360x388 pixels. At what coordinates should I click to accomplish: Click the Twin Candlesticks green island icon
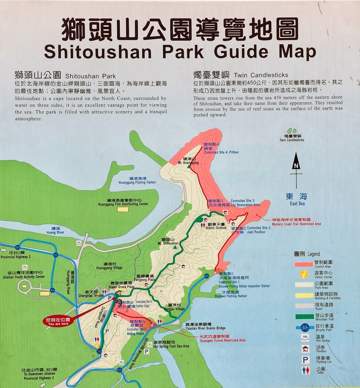(292, 131)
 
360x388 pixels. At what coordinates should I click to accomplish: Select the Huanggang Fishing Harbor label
(137, 180)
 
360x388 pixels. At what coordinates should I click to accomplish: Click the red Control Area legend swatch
(303, 264)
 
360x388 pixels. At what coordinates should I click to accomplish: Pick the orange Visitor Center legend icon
(304, 274)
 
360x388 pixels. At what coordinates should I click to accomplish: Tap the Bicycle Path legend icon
(305, 327)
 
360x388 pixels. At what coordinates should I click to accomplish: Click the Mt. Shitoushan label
(167, 241)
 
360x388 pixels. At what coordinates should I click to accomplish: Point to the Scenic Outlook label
(216, 226)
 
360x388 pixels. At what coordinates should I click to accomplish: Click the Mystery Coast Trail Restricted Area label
(296, 222)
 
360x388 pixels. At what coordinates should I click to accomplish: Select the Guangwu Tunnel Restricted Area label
(222, 338)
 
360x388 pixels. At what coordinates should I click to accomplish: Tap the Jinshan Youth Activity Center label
(26, 274)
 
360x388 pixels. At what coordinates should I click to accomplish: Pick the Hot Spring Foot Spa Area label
(171, 344)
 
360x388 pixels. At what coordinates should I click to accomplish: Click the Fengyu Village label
(174, 307)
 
